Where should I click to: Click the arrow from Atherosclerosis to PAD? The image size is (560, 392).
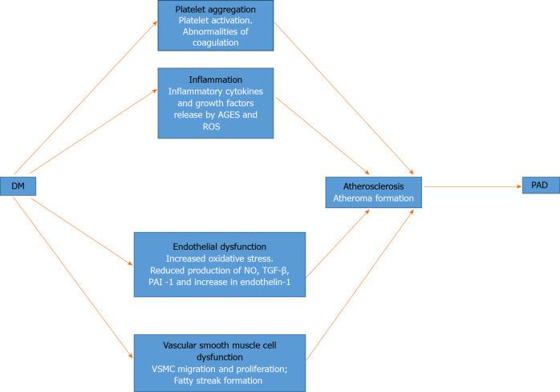click(x=473, y=186)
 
